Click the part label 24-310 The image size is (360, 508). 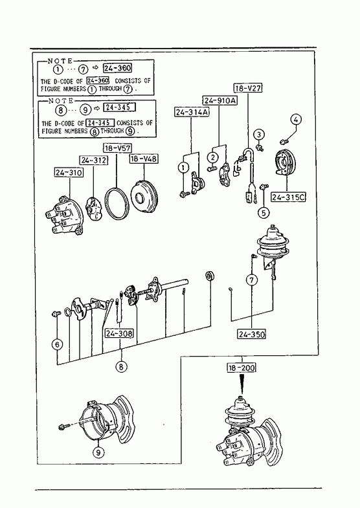click(69, 172)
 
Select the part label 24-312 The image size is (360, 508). click(94, 160)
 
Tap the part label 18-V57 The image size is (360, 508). click(117, 148)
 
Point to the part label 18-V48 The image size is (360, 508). click(144, 159)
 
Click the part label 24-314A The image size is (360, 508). click(192, 112)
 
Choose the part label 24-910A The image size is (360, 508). click(220, 100)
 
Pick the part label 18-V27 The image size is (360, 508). click(248, 88)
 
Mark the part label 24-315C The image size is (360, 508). click(289, 197)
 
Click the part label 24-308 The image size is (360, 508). click(119, 333)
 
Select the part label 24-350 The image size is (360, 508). click(252, 334)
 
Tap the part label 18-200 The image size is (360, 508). click(242, 368)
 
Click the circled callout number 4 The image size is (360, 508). click(295, 120)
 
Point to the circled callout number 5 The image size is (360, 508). click(264, 212)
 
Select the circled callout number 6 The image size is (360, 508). click(58, 344)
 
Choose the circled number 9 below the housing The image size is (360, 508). click(98, 452)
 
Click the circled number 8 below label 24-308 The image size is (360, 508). click(121, 366)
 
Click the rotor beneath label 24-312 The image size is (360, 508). click(93, 209)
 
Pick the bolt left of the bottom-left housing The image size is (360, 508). click(63, 426)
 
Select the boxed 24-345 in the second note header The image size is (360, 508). click(119, 107)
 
